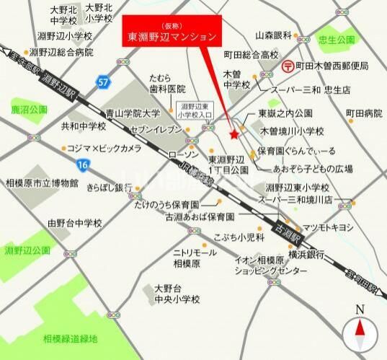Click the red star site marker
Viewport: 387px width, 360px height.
(x=233, y=133)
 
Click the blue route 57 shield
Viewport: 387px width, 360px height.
(x=104, y=82)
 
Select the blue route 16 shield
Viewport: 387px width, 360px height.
(x=84, y=166)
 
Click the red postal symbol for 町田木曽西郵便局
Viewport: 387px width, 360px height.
(x=287, y=66)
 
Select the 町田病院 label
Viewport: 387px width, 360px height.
(x=364, y=113)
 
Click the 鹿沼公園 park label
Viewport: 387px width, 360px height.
(x=29, y=110)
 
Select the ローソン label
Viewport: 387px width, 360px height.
(x=182, y=155)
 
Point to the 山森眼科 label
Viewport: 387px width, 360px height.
(x=272, y=35)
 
